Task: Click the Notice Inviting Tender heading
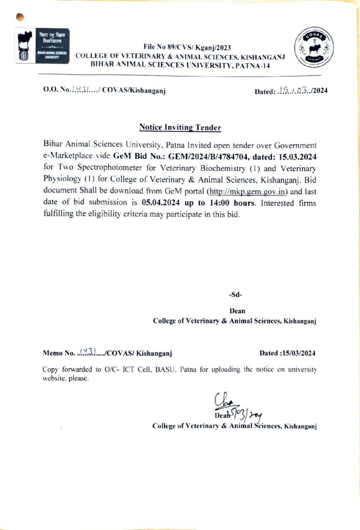180,127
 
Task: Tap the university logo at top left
42,46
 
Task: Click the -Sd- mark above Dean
235,295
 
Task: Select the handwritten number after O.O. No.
81,90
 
